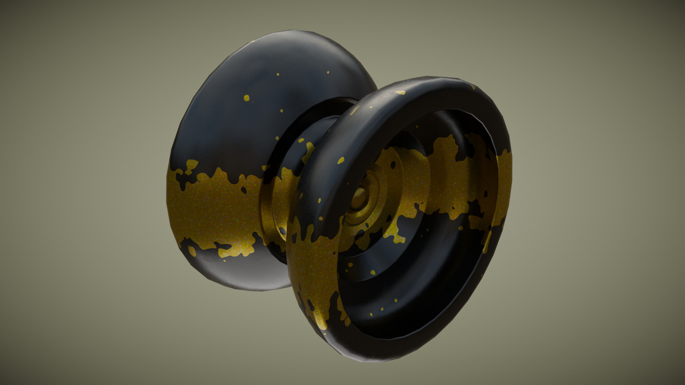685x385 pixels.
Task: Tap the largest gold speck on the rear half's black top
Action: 246,97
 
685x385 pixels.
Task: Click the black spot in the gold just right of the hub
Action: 393,165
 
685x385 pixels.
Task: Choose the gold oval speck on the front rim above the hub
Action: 341,160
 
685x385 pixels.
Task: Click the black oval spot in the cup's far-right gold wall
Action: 485,194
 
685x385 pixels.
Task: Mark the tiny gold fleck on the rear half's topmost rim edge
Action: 254,42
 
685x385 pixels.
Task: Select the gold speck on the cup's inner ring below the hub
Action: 372,272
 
